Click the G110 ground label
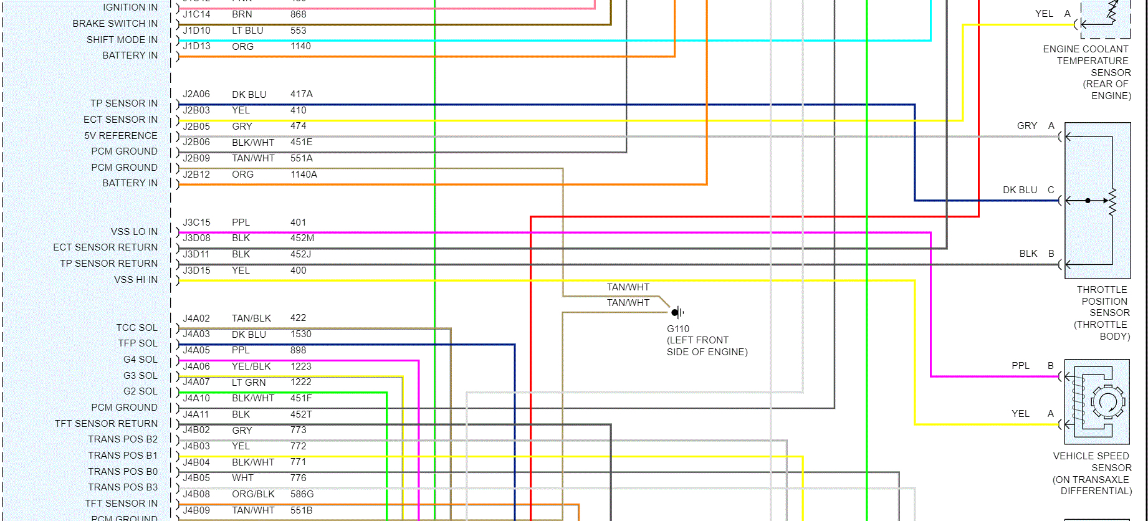click(x=678, y=329)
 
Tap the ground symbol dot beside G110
click(x=675, y=312)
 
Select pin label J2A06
click(x=196, y=94)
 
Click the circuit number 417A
click(x=302, y=94)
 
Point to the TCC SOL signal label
click(x=136, y=328)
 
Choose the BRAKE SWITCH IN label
click(x=115, y=24)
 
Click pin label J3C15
click(x=196, y=222)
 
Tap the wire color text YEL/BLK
click(x=251, y=366)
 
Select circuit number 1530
click(x=301, y=334)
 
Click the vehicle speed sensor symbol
click(x=1097, y=402)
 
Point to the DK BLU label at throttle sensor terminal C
click(x=1020, y=190)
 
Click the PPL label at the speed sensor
click(x=1020, y=366)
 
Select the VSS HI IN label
click(x=136, y=280)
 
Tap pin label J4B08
click(x=196, y=494)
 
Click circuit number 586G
click(x=302, y=494)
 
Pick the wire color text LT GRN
click(x=249, y=383)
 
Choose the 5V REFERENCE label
click(x=121, y=136)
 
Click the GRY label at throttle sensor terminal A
click(x=1027, y=126)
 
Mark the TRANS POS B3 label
click(x=123, y=487)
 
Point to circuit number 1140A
click(x=304, y=174)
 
